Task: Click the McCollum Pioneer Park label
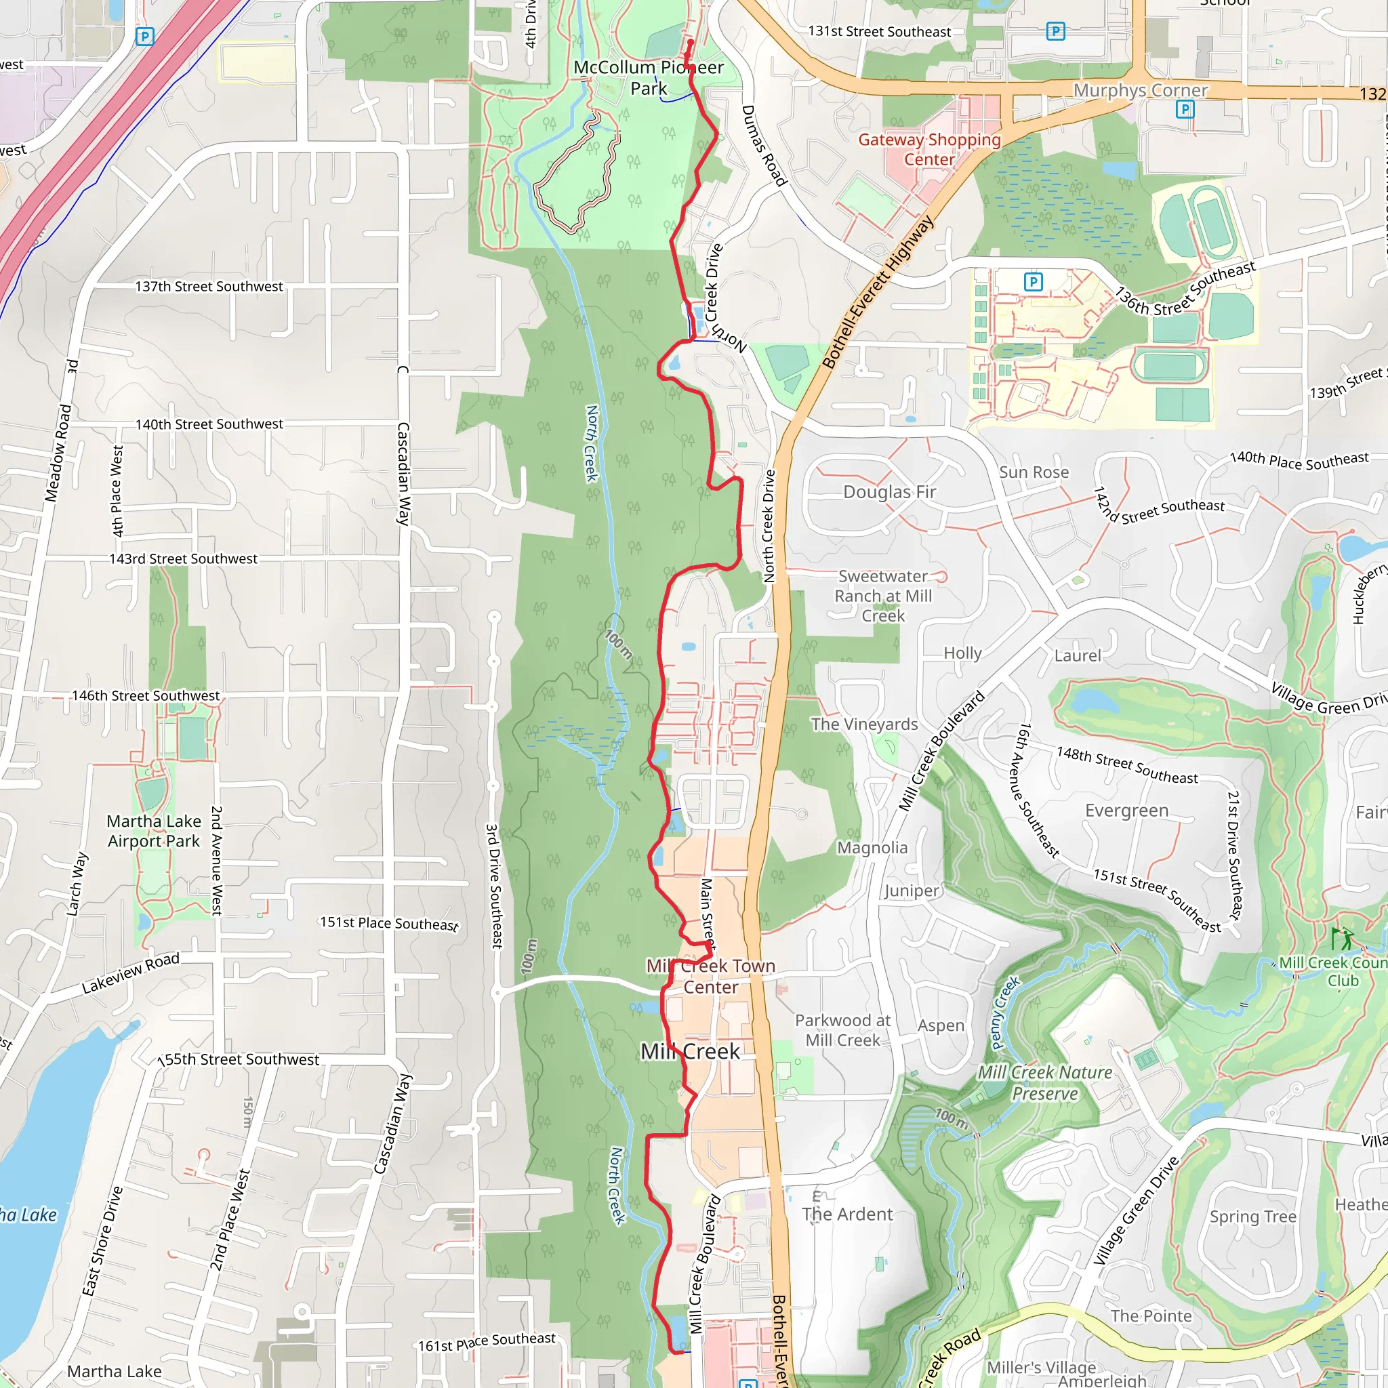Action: pyautogui.click(x=648, y=77)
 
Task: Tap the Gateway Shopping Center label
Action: pyautogui.click(x=929, y=148)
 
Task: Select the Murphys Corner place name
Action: pyautogui.click(x=1140, y=91)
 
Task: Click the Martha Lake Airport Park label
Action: pyautogui.click(x=153, y=830)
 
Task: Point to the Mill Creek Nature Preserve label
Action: pyautogui.click(x=1044, y=1082)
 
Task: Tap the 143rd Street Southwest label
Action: pyautogui.click(x=183, y=558)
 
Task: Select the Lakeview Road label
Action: pyautogui.click(x=130, y=973)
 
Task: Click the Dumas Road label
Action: pyautogui.click(x=763, y=146)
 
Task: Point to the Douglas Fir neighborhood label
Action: pyautogui.click(x=889, y=492)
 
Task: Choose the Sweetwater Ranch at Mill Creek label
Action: pyautogui.click(x=883, y=596)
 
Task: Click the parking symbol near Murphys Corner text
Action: pyautogui.click(x=1185, y=109)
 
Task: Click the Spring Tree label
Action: pyautogui.click(x=1253, y=1217)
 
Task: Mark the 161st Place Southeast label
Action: pyautogui.click(x=487, y=1341)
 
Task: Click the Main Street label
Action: pyautogui.click(x=708, y=913)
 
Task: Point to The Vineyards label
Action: pyautogui.click(x=864, y=724)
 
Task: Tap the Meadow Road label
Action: pyautogui.click(x=59, y=453)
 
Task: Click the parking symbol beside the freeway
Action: pyautogui.click(x=144, y=37)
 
